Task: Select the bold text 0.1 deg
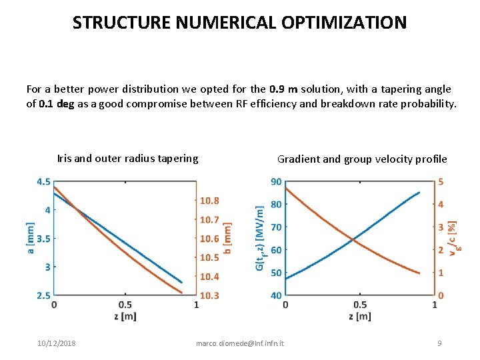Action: pyautogui.click(x=56, y=103)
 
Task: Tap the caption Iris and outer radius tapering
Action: pyautogui.click(x=127, y=158)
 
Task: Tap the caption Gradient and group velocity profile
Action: pyautogui.click(x=362, y=159)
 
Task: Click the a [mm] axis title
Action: pyautogui.click(x=30, y=238)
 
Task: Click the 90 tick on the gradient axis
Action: pyautogui.click(x=275, y=182)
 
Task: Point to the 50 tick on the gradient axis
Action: pyautogui.click(x=275, y=273)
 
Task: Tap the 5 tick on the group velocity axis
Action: pyautogui.click(x=441, y=182)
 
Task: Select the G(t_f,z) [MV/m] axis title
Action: pyautogui.click(x=261, y=238)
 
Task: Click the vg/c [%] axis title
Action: pyautogui.click(x=454, y=238)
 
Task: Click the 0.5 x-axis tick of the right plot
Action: pyautogui.click(x=360, y=305)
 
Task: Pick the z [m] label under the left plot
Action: pyautogui.click(x=125, y=315)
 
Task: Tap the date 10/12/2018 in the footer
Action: pyautogui.click(x=56, y=343)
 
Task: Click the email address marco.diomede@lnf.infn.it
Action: pyautogui.click(x=240, y=343)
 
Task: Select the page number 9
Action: pyautogui.click(x=439, y=343)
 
